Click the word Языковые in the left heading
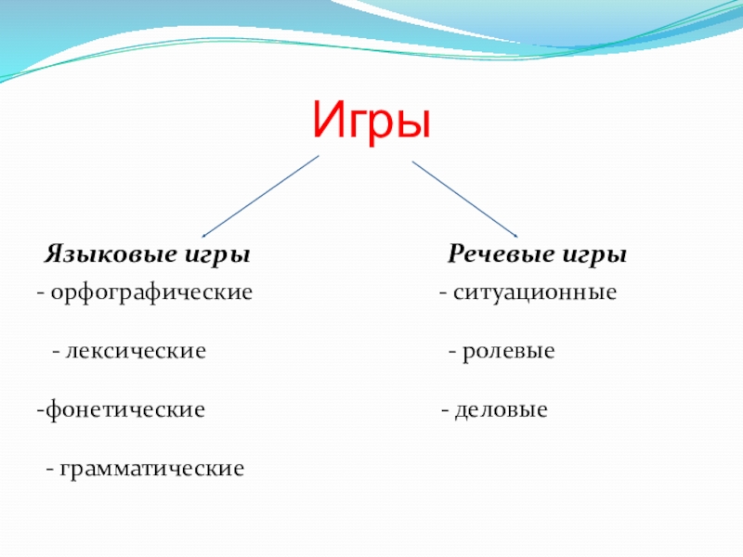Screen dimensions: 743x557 [108, 254]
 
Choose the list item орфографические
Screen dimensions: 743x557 [151, 293]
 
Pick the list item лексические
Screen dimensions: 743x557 [135, 352]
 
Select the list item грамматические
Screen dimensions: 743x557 [152, 468]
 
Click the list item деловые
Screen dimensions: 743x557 [501, 409]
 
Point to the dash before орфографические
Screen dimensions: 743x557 [40, 294]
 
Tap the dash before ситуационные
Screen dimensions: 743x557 [444, 294]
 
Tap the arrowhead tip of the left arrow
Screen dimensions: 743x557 [202, 237]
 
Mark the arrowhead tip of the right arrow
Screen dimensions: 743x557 [517, 237]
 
